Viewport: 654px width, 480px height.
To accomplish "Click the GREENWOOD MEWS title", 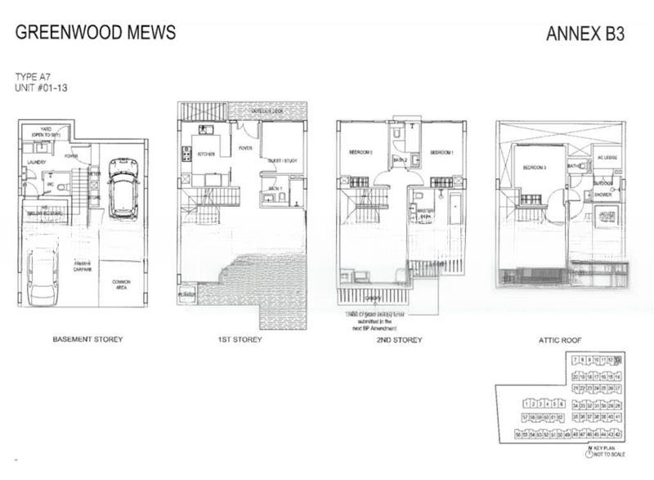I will point(95,34).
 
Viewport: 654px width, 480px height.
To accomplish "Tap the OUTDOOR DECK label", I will point(267,111).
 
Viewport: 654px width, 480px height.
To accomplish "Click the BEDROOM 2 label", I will point(361,152).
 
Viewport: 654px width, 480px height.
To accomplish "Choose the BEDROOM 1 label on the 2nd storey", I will point(441,152).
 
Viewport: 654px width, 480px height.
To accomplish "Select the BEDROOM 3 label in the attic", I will point(535,168).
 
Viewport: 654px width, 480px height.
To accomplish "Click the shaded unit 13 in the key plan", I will point(619,360).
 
